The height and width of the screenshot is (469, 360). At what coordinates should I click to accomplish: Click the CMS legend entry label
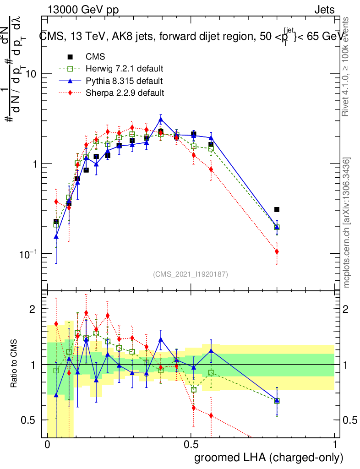point(95,57)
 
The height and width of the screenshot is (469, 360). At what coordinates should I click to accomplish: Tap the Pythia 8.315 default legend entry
point(124,81)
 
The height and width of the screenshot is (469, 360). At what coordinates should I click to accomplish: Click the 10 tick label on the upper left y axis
point(30,74)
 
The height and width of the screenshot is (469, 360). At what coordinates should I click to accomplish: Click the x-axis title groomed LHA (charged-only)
point(269,458)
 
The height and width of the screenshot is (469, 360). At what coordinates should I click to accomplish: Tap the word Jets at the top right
point(324,10)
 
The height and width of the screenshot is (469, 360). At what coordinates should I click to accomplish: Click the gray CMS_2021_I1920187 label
point(191,274)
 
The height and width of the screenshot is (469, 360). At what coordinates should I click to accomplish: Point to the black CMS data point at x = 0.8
point(277,210)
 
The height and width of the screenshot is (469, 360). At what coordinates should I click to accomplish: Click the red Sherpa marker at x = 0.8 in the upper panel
point(277,251)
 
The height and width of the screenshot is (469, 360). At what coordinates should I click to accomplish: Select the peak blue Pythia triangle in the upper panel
point(161,120)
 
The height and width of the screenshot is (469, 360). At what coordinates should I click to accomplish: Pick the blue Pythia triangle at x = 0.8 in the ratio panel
point(277,400)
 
